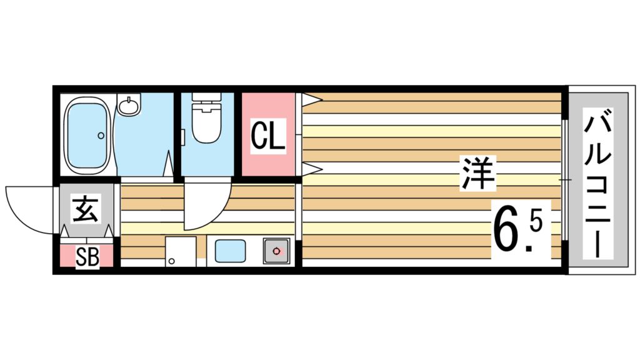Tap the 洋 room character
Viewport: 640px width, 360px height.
pyautogui.click(x=479, y=174)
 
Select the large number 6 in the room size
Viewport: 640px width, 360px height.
pyautogui.click(x=508, y=227)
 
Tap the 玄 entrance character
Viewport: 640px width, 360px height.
pyautogui.click(x=86, y=209)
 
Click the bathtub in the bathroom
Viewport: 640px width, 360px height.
pyautogui.click(x=88, y=134)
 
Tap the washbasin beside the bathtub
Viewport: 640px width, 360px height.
pyautogui.click(x=130, y=106)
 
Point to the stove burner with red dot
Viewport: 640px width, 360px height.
pyautogui.click(x=276, y=251)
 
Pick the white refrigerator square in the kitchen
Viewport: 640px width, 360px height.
pyautogui.click(x=181, y=252)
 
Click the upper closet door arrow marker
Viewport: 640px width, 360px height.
pyautogui.click(x=311, y=97)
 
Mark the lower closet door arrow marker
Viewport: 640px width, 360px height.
pyautogui.click(x=311, y=168)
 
